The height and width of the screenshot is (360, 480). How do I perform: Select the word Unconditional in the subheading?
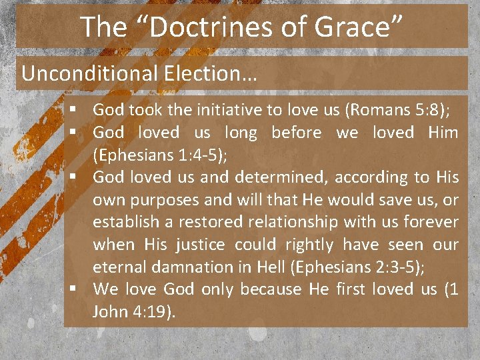pyautogui.click(x=85, y=73)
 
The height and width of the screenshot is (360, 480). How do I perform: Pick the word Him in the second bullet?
pyautogui.click(x=443, y=133)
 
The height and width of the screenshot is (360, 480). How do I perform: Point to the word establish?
pyautogui.click(x=125, y=222)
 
